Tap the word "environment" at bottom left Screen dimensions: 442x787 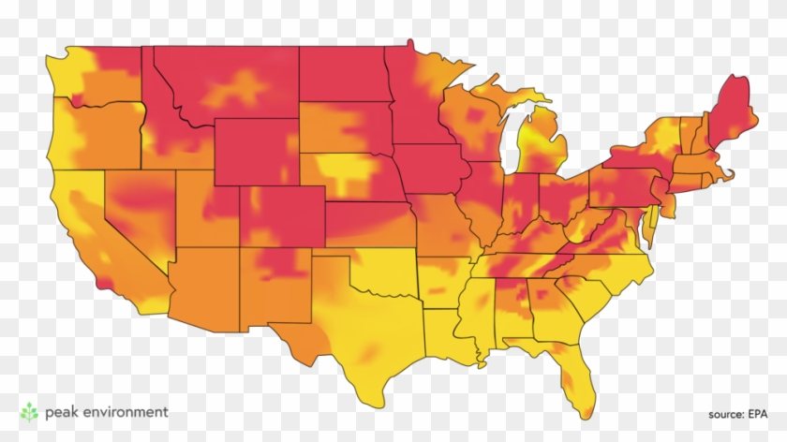click(125, 411)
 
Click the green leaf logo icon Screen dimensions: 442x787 click(30, 412)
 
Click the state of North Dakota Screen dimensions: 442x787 click(343, 74)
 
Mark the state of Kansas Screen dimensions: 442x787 click(370, 225)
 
